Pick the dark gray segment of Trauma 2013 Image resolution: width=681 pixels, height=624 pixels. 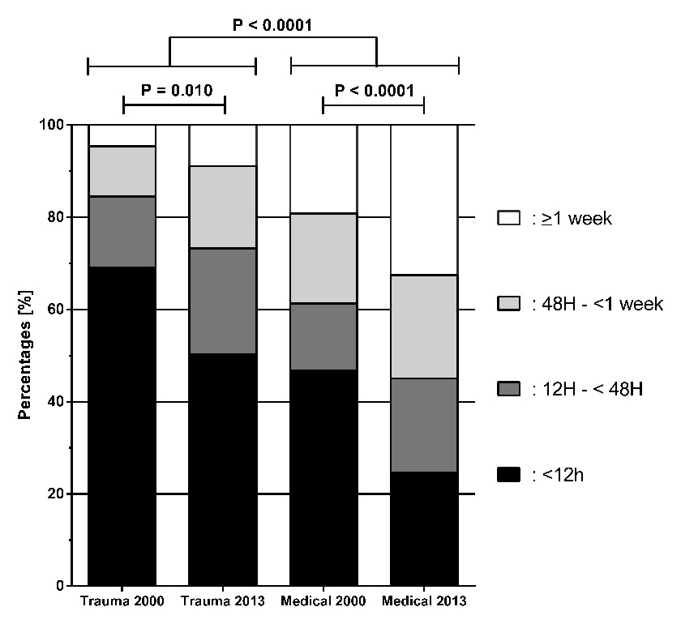(x=222, y=301)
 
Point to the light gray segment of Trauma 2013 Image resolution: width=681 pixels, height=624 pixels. (x=222, y=207)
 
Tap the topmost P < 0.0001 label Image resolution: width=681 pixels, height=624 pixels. (x=272, y=25)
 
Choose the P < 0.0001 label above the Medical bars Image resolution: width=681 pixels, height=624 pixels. (x=375, y=90)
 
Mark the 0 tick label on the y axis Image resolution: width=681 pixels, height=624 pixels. (x=60, y=586)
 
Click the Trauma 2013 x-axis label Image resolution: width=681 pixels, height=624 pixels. (x=222, y=602)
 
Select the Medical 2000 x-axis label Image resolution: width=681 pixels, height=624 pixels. (x=323, y=602)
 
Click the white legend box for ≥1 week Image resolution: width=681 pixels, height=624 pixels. (x=509, y=218)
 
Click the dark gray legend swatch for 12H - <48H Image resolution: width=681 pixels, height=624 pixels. (x=509, y=390)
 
